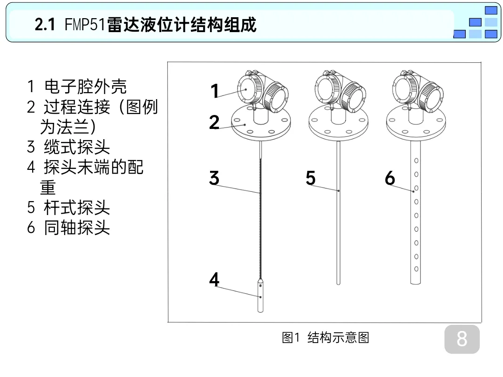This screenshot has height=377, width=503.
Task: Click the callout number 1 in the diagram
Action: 214,91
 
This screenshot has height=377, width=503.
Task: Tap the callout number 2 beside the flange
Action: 214,122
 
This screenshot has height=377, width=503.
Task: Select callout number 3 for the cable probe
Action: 214,178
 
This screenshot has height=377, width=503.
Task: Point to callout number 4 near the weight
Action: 214,279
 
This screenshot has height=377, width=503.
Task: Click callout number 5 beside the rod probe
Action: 311,178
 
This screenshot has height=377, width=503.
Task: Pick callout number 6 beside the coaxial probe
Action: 390,178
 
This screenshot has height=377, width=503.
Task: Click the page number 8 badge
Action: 462,339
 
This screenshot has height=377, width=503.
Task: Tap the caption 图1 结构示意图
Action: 326,337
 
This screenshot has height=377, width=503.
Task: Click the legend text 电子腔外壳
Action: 85,87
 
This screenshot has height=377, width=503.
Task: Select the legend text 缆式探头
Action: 77,147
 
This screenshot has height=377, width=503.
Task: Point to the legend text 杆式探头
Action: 77,208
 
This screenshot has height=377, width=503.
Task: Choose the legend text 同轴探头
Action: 77,228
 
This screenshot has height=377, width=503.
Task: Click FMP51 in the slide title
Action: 85,25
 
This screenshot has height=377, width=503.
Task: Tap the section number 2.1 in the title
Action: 45,25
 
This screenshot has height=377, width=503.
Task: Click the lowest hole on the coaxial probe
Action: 416,269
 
